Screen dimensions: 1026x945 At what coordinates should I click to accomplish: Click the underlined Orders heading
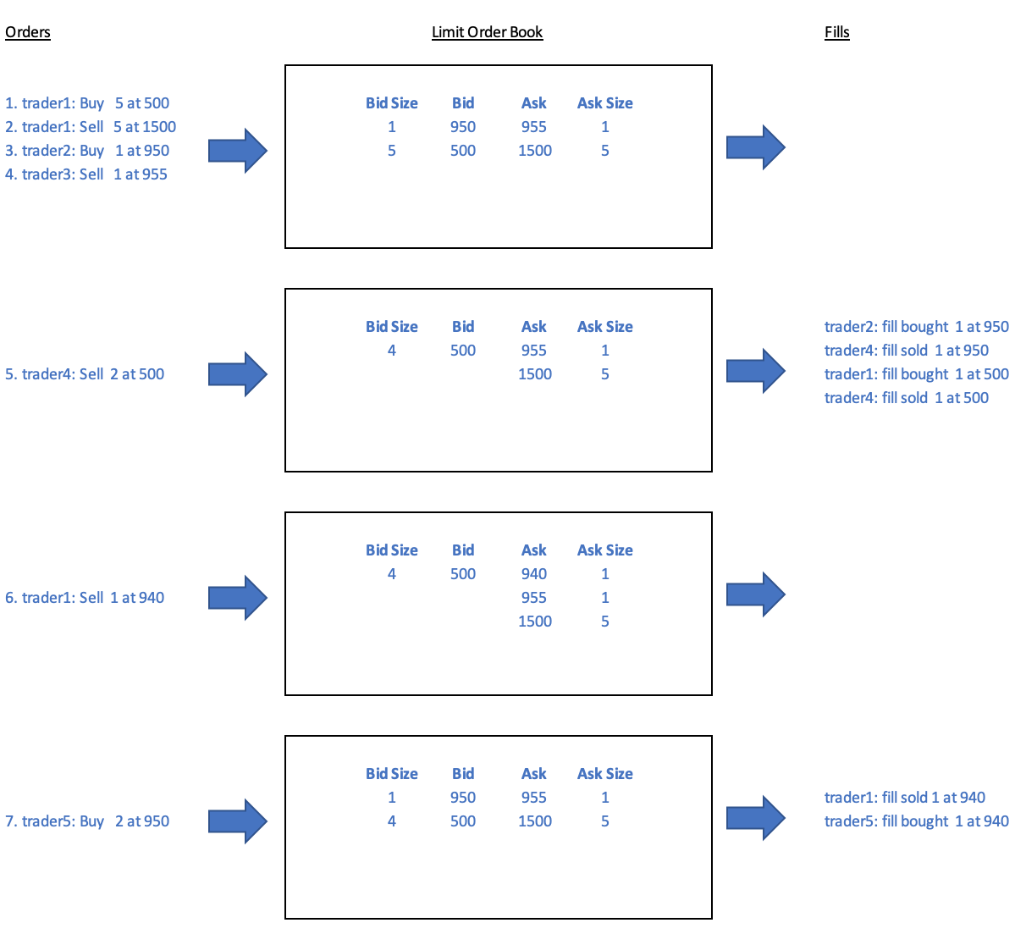pyautogui.click(x=28, y=32)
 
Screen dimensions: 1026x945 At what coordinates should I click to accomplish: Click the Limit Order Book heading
pyautogui.click(x=487, y=32)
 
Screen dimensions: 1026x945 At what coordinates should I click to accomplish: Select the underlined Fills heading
pyautogui.click(x=836, y=32)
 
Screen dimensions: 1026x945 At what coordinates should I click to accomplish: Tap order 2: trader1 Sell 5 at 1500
pyautogui.click(x=91, y=126)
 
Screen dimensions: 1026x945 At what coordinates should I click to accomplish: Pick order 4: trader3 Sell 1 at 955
pyautogui.click(x=86, y=174)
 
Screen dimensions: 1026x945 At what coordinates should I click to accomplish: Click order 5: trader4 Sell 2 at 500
pyautogui.click(x=85, y=374)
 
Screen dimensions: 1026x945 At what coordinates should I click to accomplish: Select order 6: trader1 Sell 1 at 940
pyautogui.click(x=85, y=598)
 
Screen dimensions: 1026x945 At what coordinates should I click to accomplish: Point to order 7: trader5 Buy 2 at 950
pyautogui.click(x=87, y=821)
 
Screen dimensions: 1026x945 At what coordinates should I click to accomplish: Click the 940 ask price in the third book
pyautogui.click(x=534, y=574)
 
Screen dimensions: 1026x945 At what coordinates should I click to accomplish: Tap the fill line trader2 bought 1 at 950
pyautogui.click(x=917, y=326)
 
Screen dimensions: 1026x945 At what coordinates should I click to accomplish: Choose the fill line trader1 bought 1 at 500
pyautogui.click(x=917, y=374)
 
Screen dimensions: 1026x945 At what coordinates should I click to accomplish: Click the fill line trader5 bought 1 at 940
pyautogui.click(x=917, y=821)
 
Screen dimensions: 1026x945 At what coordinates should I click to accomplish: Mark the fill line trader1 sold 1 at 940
pyautogui.click(x=905, y=798)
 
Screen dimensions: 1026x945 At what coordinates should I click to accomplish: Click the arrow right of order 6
pyautogui.click(x=238, y=598)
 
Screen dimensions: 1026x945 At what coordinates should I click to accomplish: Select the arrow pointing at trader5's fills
pyautogui.click(x=756, y=818)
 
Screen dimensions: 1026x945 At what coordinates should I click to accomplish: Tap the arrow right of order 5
pyautogui.click(x=238, y=374)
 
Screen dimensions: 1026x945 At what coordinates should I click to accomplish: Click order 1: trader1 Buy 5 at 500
pyautogui.click(x=87, y=102)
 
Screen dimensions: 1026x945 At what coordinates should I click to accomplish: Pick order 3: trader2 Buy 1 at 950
pyautogui.click(x=87, y=151)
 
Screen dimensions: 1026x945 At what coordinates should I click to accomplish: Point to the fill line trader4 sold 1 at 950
pyautogui.click(x=907, y=351)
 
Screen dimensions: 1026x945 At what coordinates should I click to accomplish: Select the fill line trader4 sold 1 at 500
pyautogui.click(x=907, y=397)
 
